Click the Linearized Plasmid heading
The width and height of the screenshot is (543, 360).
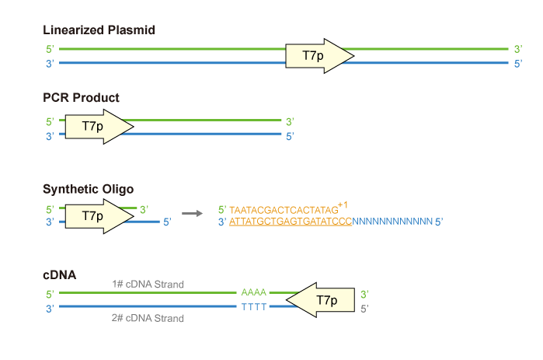click(99, 30)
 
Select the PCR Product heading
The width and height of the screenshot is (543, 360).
click(81, 98)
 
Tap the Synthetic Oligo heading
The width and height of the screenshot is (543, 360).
click(88, 189)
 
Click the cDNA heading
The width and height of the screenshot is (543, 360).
click(59, 274)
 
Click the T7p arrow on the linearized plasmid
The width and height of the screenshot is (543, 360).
click(319, 56)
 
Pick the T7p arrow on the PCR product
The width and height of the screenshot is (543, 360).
click(99, 127)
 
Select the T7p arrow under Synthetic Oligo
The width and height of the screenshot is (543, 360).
click(99, 216)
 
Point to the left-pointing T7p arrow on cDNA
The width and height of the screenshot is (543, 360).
click(320, 300)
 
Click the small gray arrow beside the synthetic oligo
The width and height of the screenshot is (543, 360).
click(192, 214)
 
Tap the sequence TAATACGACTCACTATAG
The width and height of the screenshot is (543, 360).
click(284, 210)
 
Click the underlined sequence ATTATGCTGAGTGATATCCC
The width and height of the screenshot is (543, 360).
click(291, 222)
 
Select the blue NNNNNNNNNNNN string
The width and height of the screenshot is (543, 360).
click(392, 222)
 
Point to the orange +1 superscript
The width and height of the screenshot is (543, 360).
click(343, 205)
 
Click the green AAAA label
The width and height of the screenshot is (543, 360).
click(253, 292)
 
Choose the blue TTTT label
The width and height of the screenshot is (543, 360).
click(254, 307)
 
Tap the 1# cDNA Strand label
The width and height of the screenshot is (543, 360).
click(148, 284)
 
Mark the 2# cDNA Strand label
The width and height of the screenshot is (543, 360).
click(148, 318)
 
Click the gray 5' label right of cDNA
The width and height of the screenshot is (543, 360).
click(364, 309)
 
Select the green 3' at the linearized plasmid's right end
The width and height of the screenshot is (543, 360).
click(518, 49)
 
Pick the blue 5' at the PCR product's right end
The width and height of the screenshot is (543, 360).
click(290, 137)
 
